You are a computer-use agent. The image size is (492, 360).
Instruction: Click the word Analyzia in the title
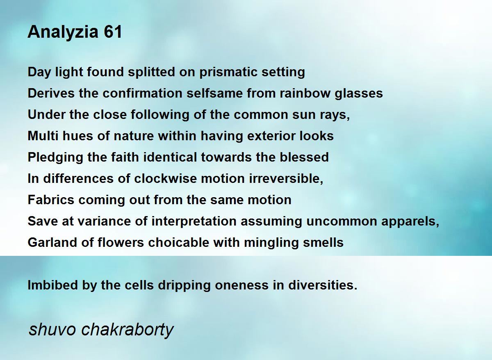(x=63, y=32)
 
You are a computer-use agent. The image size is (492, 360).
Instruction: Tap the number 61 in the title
(x=113, y=32)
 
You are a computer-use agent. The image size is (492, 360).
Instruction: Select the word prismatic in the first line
(x=228, y=72)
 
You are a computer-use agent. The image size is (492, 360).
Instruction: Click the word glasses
(x=359, y=93)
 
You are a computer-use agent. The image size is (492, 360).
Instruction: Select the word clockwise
(x=165, y=178)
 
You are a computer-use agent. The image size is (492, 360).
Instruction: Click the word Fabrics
(x=51, y=200)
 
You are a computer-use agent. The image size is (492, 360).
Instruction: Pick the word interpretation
(x=194, y=221)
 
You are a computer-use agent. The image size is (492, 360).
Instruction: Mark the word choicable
(x=179, y=242)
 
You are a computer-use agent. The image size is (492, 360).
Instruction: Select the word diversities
(x=323, y=285)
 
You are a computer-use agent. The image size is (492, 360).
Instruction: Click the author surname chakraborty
(x=128, y=330)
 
